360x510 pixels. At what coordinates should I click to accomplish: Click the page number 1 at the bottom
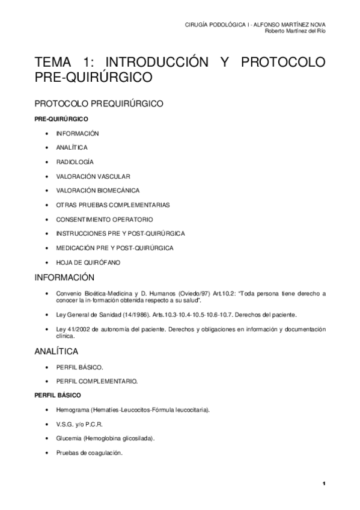coord(323,484)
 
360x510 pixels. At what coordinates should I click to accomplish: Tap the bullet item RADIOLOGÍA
coord(75,162)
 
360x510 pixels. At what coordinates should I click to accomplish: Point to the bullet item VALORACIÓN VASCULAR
coord(93,176)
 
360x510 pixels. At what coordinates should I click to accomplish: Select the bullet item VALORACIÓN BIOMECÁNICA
coord(98,191)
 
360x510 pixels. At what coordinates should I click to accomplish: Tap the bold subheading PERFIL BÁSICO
coord(54,395)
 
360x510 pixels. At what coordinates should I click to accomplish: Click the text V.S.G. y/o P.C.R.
coord(81,424)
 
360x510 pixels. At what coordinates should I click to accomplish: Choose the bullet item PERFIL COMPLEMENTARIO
coord(97,381)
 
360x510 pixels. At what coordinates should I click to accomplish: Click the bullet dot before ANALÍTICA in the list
coord(47,148)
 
